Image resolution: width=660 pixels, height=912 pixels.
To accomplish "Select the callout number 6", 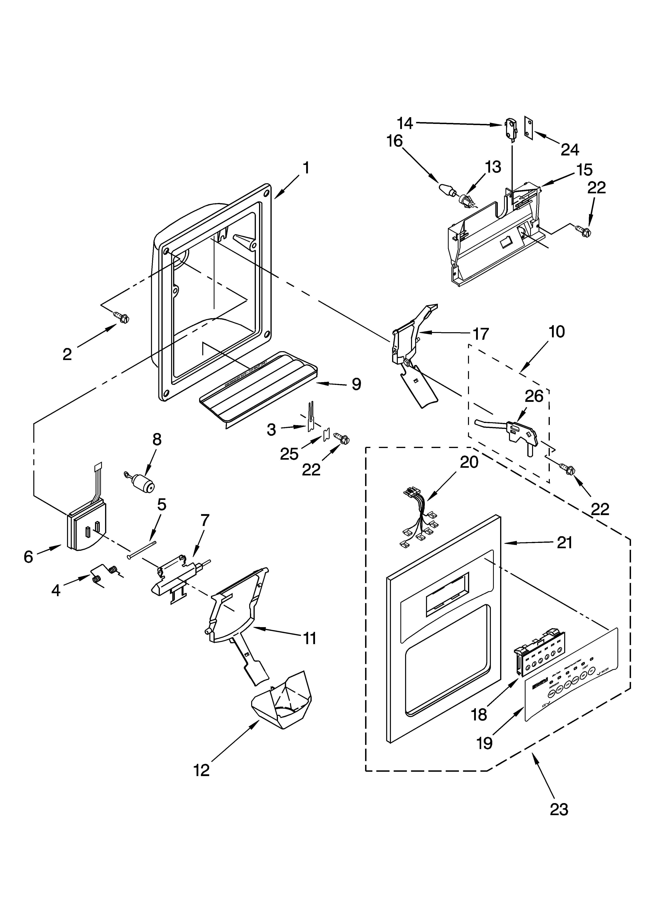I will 28,557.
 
